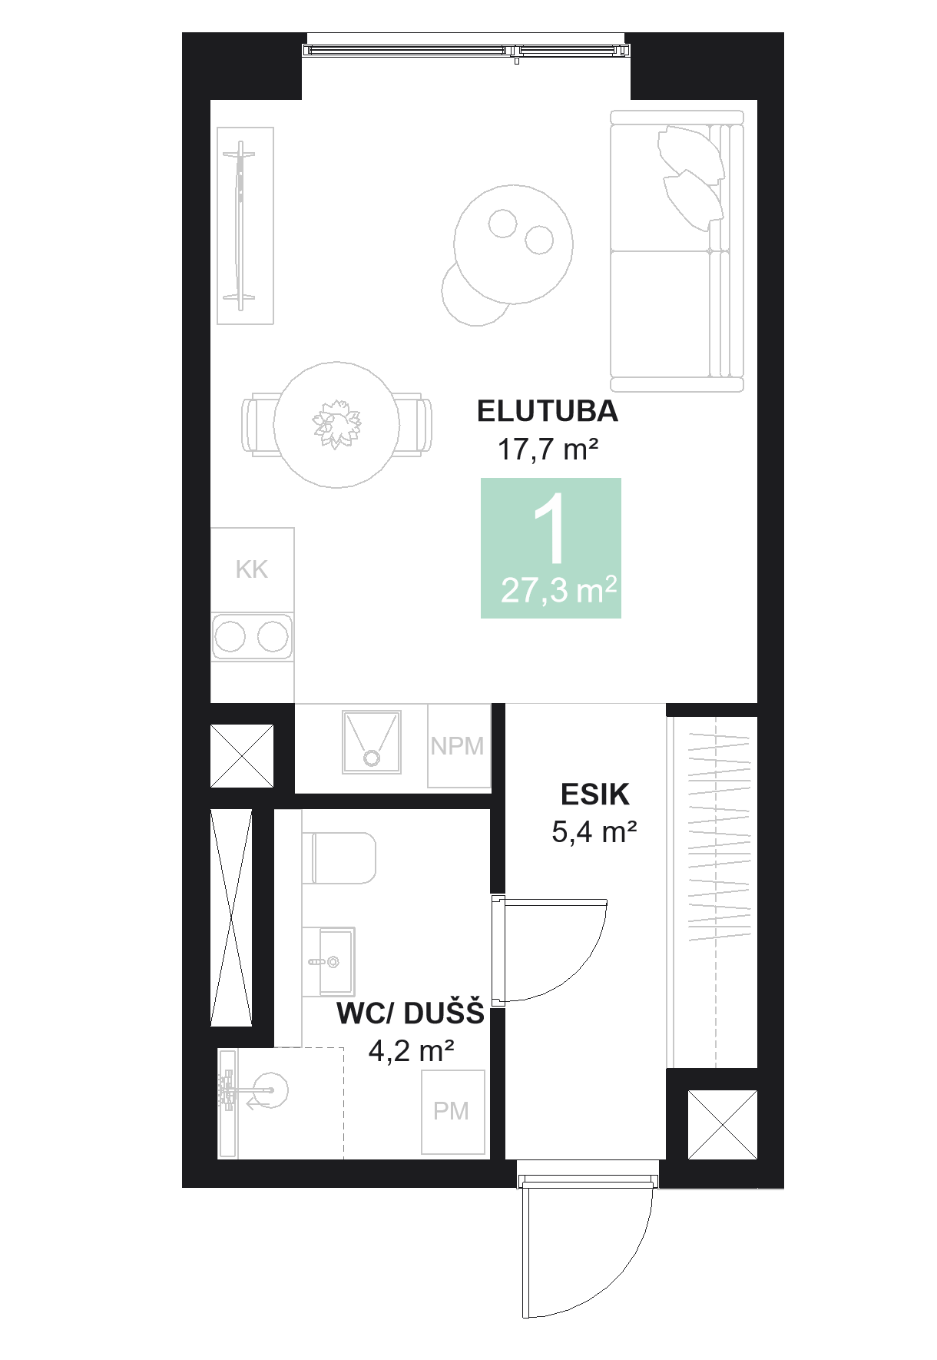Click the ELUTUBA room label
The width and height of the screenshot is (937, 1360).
tap(547, 412)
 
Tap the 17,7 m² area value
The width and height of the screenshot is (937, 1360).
tap(547, 449)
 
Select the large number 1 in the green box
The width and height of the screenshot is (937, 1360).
tap(550, 530)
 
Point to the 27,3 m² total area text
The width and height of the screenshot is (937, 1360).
tap(558, 590)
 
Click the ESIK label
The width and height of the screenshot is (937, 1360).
tap(594, 794)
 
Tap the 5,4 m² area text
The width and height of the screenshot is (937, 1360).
tap(594, 831)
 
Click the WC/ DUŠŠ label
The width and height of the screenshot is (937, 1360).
tap(410, 1013)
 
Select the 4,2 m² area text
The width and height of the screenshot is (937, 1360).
tap(411, 1050)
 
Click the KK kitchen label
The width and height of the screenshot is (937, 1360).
tap(252, 569)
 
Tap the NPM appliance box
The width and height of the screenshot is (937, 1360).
tap(458, 746)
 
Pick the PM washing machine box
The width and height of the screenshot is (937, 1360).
tap(452, 1111)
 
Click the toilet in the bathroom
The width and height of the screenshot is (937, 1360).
tap(342, 857)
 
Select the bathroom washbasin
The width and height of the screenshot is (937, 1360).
tap(330, 961)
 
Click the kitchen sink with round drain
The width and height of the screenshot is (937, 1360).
tap(372, 741)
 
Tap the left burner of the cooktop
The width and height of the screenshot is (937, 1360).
tap(230, 636)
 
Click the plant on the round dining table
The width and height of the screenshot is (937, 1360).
tap(336, 423)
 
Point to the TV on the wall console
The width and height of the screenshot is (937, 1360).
tap(241, 225)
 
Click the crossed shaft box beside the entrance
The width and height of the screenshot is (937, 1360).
tap(723, 1125)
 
